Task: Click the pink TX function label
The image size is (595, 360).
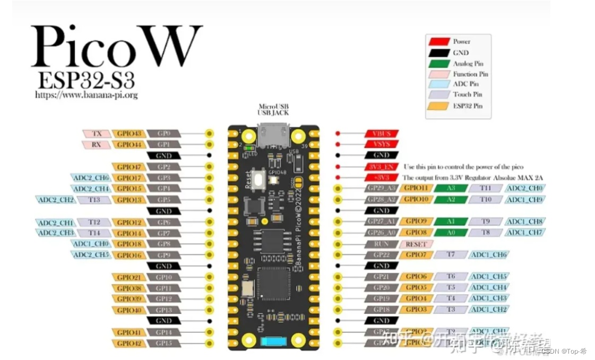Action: click(x=97, y=133)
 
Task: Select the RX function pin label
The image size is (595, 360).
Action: click(x=97, y=144)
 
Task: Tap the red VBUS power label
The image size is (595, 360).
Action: click(x=381, y=133)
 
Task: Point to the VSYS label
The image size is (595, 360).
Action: click(x=381, y=144)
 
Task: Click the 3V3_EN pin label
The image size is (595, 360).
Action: click(x=381, y=166)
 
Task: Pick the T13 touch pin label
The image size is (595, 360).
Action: click(x=94, y=200)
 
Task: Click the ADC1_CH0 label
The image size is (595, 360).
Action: click(x=90, y=244)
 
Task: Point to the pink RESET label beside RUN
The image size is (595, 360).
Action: click(x=416, y=244)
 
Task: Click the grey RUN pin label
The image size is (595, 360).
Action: click(x=381, y=244)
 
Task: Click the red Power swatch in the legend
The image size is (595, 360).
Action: click(x=438, y=41)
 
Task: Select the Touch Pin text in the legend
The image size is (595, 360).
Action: click(x=465, y=95)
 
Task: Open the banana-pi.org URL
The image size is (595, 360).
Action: click(x=87, y=95)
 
